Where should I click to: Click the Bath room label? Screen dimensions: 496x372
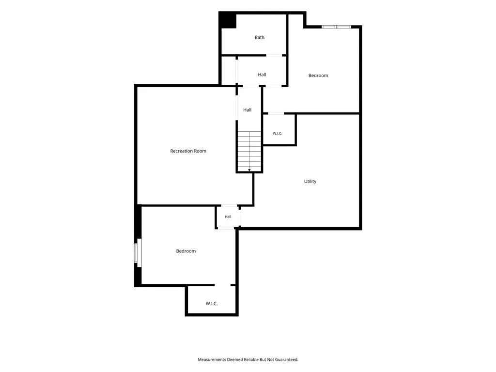coord(260,37)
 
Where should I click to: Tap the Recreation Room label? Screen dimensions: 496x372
coord(188,151)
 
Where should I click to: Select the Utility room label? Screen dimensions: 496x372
coord(310,181)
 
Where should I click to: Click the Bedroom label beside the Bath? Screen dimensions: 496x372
coord(318,75)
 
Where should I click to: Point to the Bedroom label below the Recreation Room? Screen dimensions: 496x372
coord(186,251)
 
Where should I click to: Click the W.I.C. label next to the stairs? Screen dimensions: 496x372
coord(278,134)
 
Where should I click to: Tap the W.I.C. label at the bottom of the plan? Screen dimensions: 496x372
coord(212,304)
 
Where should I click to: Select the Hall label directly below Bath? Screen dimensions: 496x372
coord(262,75)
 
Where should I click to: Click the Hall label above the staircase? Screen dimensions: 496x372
coord(248,110)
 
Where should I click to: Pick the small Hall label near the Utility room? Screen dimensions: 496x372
coord(228,217)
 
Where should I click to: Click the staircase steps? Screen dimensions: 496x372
coord(249,151)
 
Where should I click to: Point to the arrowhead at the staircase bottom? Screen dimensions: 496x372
coord(249,170)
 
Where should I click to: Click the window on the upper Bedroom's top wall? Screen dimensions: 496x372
coord(336,27)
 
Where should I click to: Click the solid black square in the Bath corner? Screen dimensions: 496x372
coord(228,20)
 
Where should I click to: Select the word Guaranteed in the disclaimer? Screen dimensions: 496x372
coord(287,359)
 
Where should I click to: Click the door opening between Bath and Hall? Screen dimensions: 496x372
coord(274,55)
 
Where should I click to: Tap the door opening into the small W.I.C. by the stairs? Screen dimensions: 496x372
coord(276,113)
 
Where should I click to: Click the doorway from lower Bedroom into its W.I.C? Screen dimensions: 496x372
coord(223,285)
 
